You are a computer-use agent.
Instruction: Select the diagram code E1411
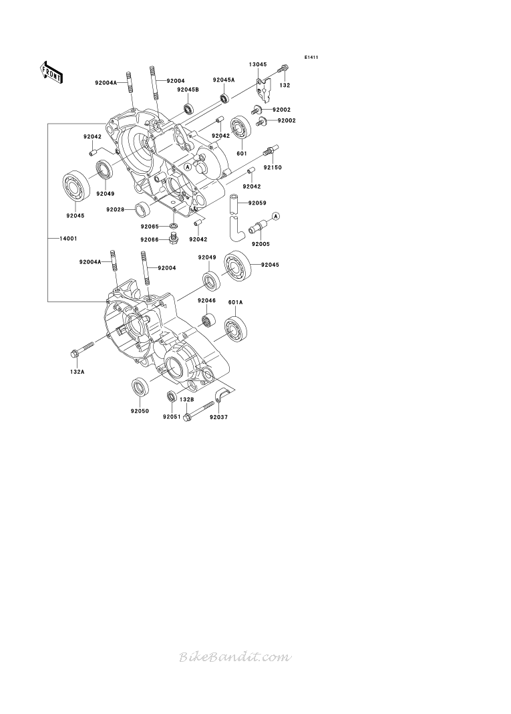click(311, 57)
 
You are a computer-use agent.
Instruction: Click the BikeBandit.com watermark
click(235, 657)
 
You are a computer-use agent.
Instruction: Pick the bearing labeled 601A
click(236, 329)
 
